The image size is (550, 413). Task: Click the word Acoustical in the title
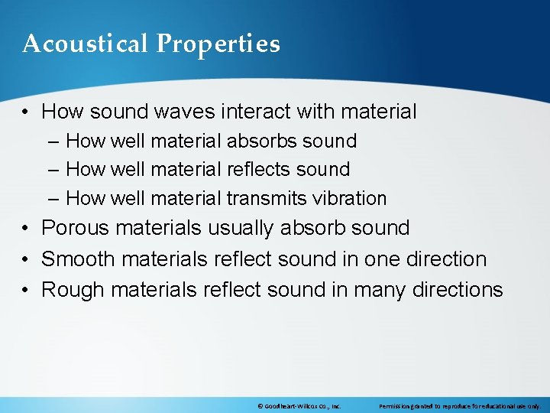86,44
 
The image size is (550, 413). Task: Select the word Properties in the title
218,45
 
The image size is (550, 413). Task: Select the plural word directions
458,290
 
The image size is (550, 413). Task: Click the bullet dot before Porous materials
27,229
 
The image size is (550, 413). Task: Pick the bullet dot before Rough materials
27,291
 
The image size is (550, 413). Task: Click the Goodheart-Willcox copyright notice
299,406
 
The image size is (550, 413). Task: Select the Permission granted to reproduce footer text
459,406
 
